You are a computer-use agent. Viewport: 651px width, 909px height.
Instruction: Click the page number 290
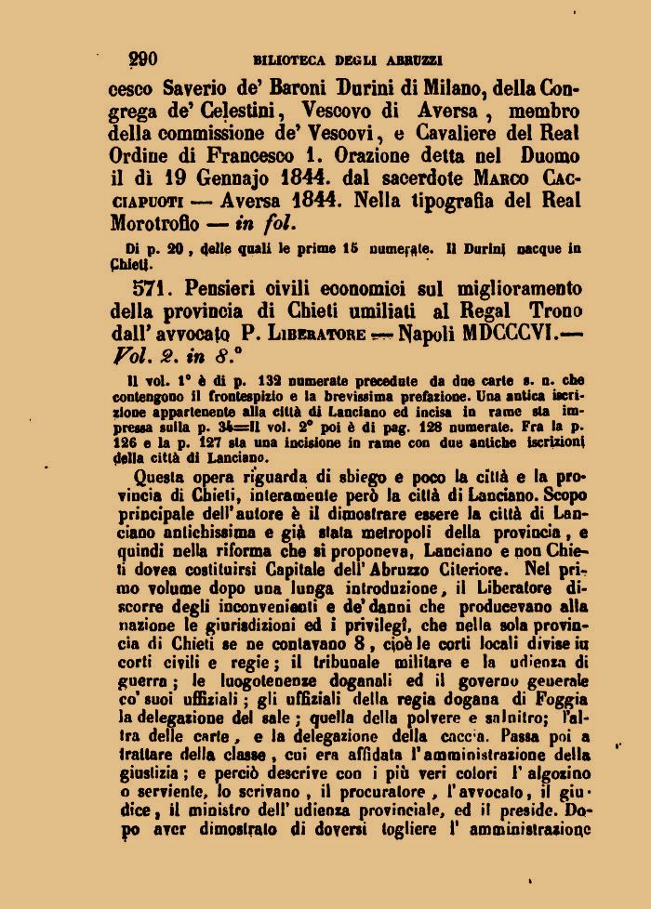142,59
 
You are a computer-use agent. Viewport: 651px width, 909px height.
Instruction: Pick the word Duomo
546,156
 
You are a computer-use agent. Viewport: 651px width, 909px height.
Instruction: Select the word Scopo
551,484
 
